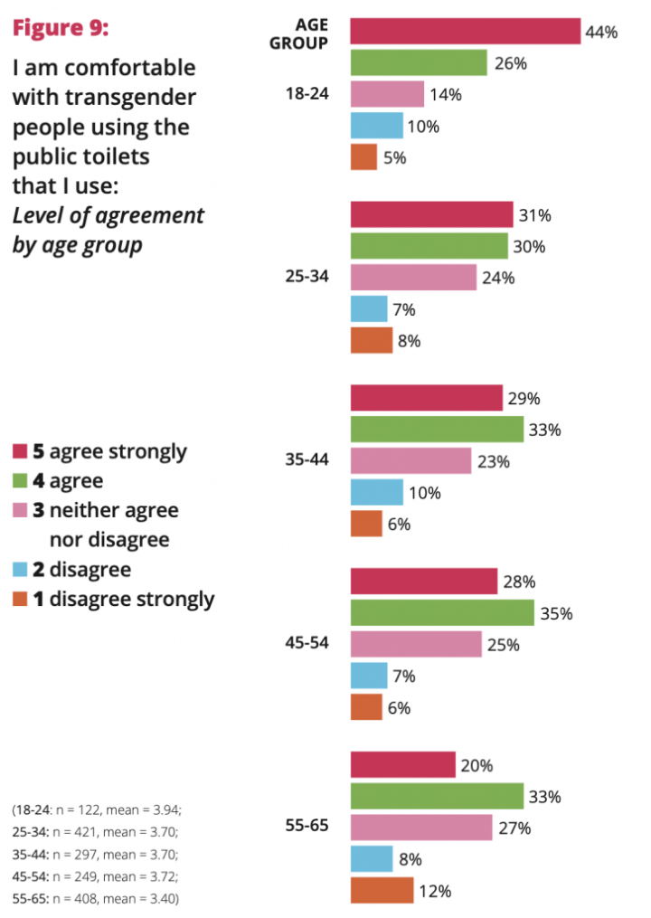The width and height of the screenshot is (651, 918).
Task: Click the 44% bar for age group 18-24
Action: pyautogui.click(x=465, y=32)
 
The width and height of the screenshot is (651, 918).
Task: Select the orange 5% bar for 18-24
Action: pyautogui.click(x=363, y=156)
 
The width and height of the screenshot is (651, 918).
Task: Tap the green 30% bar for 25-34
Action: pyautogui.click(x=429, y=246)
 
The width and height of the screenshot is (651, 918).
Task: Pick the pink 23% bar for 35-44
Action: pyautogui.click(x=410, y=461)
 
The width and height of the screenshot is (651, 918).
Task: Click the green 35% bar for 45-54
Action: pyautogui.click(x=441, y=613)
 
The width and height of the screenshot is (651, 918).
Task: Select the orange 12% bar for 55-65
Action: pyautogui.click(x=382, y=891)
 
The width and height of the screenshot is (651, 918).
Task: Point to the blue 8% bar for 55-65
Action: pyautogui.click(x=371, y=859)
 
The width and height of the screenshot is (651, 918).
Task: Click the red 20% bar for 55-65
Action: pyautogui.click(x=402, y=765)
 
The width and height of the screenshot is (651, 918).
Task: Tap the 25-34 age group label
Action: pyautogui.click(x=307, y=278)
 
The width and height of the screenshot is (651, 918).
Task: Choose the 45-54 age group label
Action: pyautogui.click(x=307, y=644)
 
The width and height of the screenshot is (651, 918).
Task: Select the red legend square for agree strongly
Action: pyautogui.click(x=20, y=451)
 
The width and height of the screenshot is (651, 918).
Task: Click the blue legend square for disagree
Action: pyautogui.click(x=20, y=571)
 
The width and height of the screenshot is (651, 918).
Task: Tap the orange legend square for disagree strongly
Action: pyautogui.click(x=20, y=599)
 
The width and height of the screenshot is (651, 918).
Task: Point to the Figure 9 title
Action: pyautogui.click(x=60, y=28)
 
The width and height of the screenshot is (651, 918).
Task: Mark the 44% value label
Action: pyautogui.click(x=601, y=32)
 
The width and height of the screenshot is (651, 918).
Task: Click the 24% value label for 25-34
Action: pyautogui.click(x=498, y=278)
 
